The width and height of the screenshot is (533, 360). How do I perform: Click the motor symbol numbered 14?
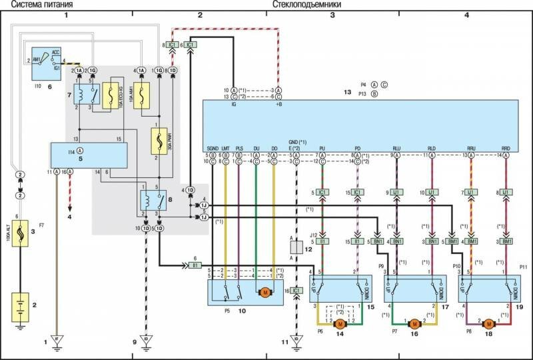(340, 323)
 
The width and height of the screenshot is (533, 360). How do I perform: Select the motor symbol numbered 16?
(414, 323)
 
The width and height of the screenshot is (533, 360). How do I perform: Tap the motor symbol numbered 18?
(488, 323)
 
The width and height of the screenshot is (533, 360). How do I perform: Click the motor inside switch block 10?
(265, 292)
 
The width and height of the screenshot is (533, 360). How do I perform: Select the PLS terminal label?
(240, 149)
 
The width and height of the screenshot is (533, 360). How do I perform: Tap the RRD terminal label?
(505, 149)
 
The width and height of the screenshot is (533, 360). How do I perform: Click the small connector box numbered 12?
(296, 247)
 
